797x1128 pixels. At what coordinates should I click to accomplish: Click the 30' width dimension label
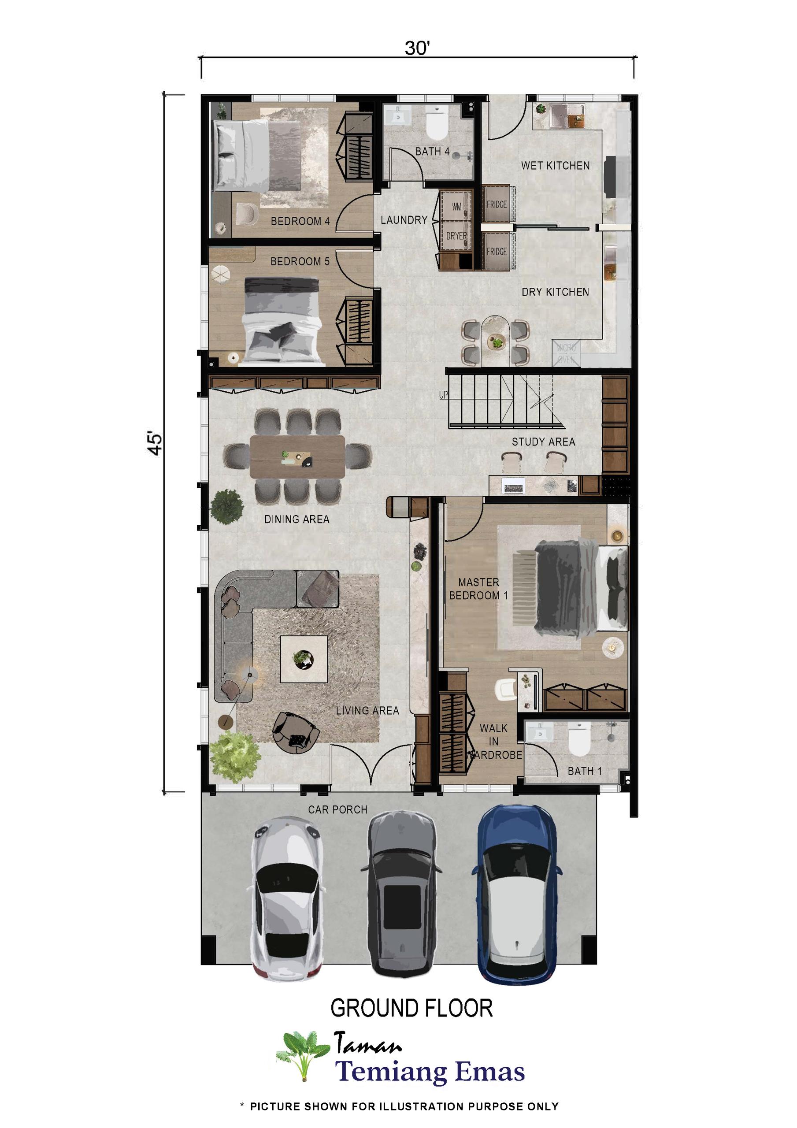click(x=417, y=48)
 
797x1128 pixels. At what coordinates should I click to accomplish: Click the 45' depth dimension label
click(x=155, y=444)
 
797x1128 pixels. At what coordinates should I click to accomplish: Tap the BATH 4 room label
click(x=432, y=152)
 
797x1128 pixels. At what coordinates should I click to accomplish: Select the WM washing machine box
click(x=456, y=206)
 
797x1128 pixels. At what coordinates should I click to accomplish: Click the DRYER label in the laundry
click(x=456, y=236)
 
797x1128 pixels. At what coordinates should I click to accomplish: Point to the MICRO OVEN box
click(x=566, y=354)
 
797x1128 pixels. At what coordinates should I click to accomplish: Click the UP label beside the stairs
click(x=443, y=395)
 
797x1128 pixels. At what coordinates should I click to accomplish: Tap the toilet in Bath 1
click(x=579, y=739)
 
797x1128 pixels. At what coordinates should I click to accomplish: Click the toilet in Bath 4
click(x=436, y=126)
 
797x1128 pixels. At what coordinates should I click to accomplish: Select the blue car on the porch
click(x=517, y=894)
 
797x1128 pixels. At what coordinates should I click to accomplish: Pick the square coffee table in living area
click(x=304, y=659)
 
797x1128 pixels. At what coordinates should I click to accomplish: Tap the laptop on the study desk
click(x=513, y=487)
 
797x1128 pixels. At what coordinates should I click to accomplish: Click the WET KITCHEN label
click(x=555, y=166)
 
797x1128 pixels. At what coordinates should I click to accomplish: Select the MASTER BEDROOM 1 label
click(x=478, y=589)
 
